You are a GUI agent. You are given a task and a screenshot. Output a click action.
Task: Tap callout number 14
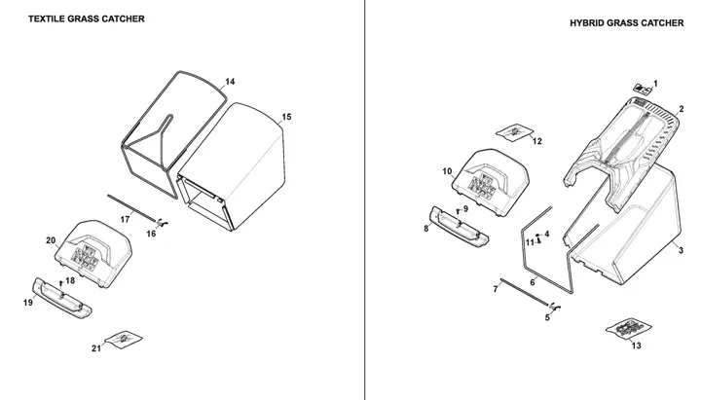tap(230, 82)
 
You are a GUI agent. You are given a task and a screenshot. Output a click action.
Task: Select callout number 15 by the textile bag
tap(286, 117)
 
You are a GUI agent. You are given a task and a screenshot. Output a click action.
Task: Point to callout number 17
tap(126, 219)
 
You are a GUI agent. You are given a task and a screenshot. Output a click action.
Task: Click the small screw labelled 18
tap(60, 283)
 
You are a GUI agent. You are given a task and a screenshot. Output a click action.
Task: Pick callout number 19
tap(28, 303)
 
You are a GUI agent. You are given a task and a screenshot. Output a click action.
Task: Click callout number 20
tap(51, 240)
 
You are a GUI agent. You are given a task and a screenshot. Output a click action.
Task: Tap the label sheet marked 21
tap(123, 340)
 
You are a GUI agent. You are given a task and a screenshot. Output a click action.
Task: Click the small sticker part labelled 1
tap(643, 89)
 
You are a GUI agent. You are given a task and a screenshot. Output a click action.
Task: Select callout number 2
tap(682, 109)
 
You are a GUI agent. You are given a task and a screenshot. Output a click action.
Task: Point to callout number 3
tap(681, 250)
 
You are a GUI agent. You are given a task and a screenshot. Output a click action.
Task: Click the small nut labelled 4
tap(537, 235)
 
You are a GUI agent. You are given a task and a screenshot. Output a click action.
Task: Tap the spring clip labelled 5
tap(556, 307)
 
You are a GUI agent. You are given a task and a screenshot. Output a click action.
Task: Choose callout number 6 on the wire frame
tap(533, 282)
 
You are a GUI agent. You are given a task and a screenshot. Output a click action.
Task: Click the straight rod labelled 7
tap(524, 292)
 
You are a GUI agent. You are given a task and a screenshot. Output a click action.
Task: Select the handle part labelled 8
tap(460, 226)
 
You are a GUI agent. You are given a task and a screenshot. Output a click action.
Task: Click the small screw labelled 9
tap(458, 211)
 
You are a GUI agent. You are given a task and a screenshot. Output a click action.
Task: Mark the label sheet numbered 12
tap(515, 131)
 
